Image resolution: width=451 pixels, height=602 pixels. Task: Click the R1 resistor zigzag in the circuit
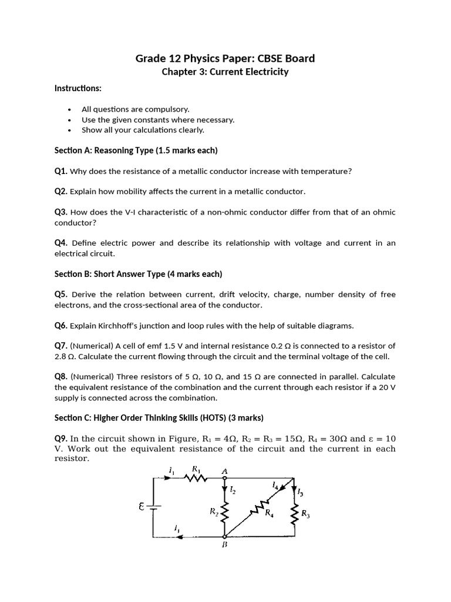tap(196, 478)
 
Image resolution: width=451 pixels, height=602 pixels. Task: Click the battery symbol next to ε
tap(153, 507)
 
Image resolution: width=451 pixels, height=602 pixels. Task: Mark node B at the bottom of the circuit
tap(224, 537)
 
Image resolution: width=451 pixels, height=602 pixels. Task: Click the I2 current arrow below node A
tap(224, 490)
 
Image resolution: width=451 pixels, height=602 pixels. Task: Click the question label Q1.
tap(61, 171)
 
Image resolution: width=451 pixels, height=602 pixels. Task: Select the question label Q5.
tap(61, 294)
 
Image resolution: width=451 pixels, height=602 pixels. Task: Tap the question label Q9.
tap(61, 439)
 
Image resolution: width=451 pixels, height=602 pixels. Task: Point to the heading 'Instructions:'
tap(78, 88)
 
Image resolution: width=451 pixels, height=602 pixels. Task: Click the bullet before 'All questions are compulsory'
tap(70, 109)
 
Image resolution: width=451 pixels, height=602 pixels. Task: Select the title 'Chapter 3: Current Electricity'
tap(225, 72)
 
